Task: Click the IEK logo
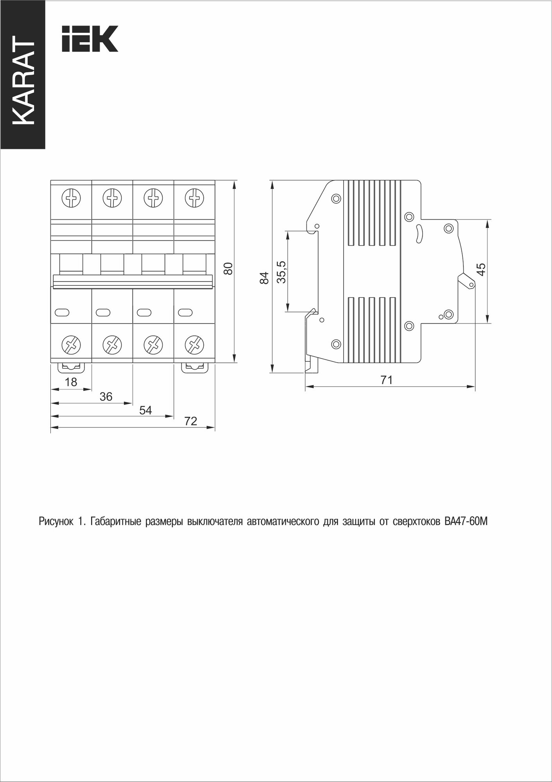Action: [x=90, y=39]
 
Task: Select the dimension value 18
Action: [x=71, y=382]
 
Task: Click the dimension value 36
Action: [x=106, y=396]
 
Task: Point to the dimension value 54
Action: [x=146, y=410]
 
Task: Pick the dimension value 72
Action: [x=190, y=421]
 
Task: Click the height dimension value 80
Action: [x=228, y=269]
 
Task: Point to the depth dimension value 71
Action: [x=386, y=380]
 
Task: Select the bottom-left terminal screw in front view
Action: [x=72, y=344]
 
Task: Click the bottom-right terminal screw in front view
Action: [x=194, y=344]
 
